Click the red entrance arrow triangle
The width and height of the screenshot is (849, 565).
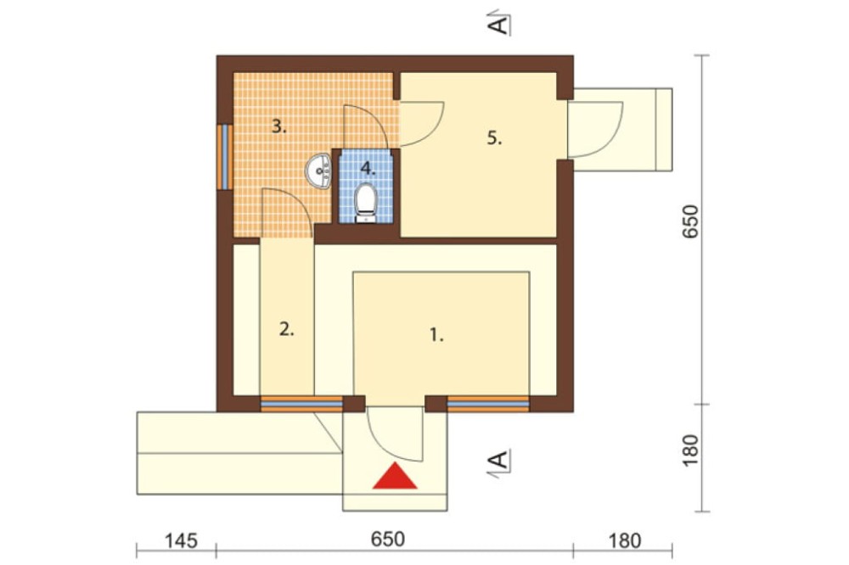point(395,476)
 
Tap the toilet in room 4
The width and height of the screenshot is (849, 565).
point(365,204)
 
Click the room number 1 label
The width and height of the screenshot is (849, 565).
point(436,336)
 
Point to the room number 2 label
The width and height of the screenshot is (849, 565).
point(287,329)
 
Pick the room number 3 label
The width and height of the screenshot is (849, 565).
point(278,127)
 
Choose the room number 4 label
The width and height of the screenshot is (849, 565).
point(368,168)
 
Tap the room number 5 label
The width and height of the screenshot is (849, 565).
point(494,138)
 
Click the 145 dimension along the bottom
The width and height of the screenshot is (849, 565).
point(181,540)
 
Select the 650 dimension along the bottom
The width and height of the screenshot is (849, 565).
point(388,540)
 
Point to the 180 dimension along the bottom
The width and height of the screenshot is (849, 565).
point(625,540)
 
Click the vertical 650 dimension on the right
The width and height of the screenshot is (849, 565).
point(691,221)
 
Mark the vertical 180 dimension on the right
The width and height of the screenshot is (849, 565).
point(691,450)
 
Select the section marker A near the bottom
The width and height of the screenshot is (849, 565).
point(499,461)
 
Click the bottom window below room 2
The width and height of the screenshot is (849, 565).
point(301,405)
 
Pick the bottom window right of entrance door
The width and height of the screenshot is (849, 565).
point(488,405)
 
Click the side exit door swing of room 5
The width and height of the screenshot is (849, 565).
point(596,129)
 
